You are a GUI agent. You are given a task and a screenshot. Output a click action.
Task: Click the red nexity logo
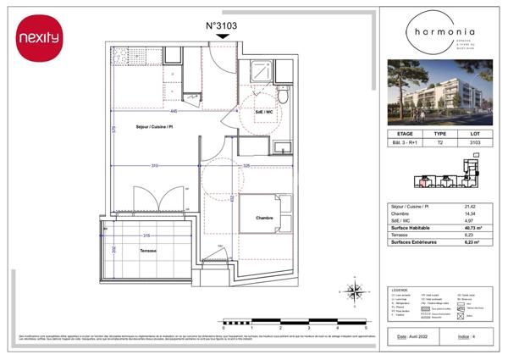tap(39, 38)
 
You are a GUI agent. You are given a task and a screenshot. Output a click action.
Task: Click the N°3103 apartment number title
tap(221, 25)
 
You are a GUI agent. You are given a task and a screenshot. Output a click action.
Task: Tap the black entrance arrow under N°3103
tap(221, 40)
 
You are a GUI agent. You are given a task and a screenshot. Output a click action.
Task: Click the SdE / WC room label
tap(263, 112)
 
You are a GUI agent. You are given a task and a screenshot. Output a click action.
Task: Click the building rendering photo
tap(439, 91)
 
